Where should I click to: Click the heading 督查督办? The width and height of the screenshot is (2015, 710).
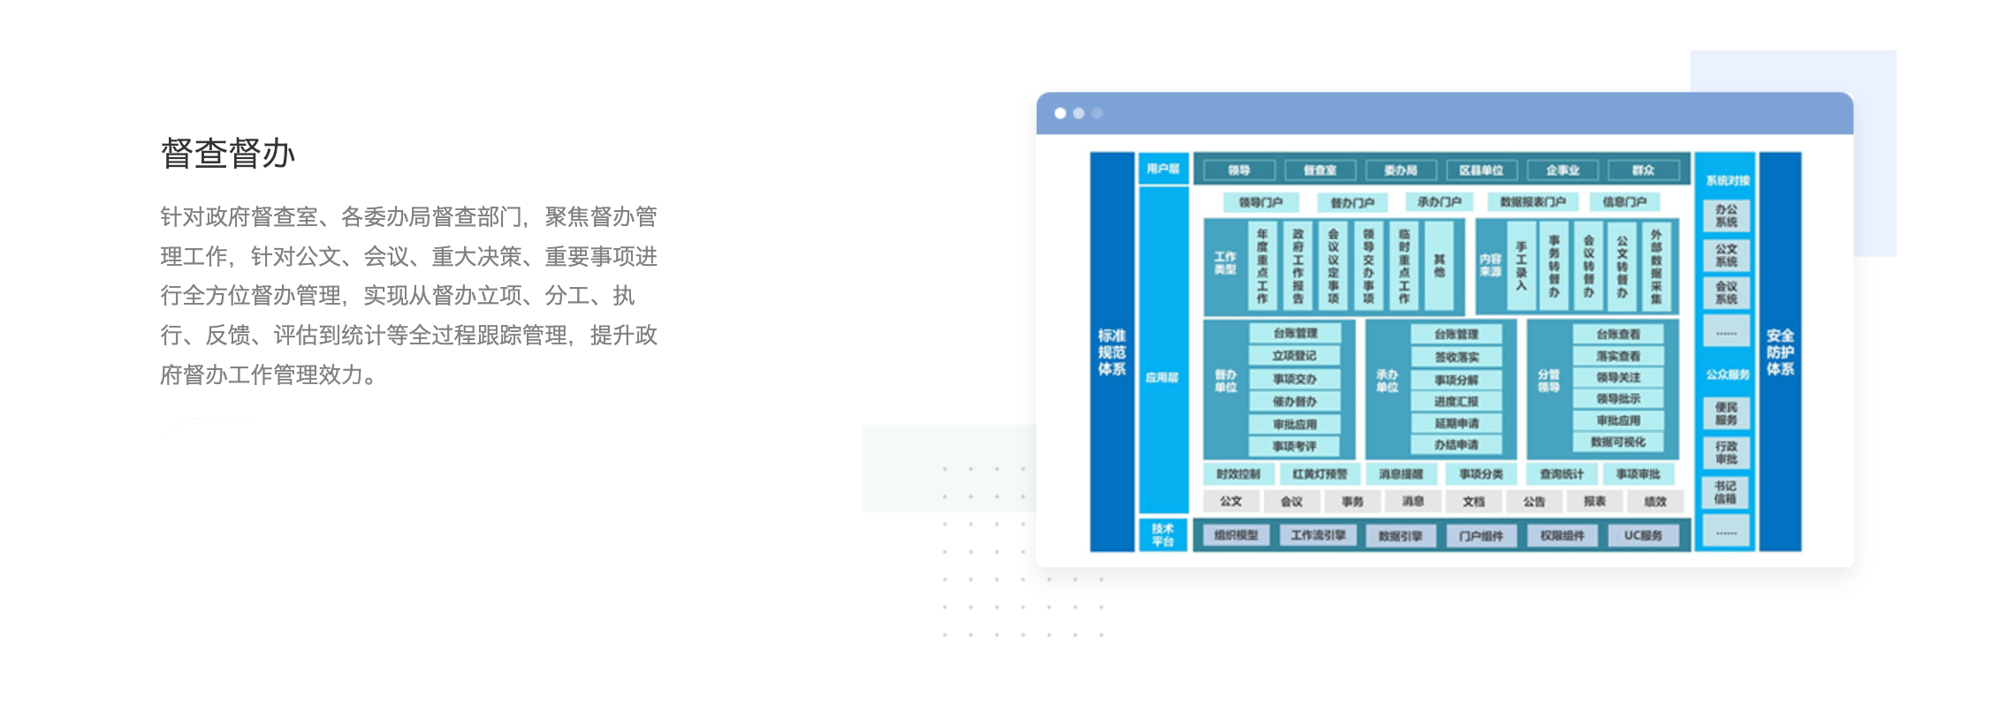pyautogui.click(x=227, y=153)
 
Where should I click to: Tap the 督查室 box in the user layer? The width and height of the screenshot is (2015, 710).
pyautogui.click(x=1319, y=170)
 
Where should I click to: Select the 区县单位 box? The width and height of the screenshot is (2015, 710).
pyautogui.click(x=1481, y=170)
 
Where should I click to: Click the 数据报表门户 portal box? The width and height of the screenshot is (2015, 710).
pyautogui.click(x=1532, y=202)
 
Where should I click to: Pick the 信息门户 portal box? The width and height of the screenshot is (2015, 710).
pyautogui.click(x=1624, y=202)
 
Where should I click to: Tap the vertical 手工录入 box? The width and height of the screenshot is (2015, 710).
pyautogui.click(x=1521, y=266)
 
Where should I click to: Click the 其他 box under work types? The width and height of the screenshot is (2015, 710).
pyautogui.click(x=1439, y=266)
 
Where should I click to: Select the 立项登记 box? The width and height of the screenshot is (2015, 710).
pyautogui.click(x=1295, y=356)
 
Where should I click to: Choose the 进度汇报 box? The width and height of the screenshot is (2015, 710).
pyautogui.click(x=1456, y=402)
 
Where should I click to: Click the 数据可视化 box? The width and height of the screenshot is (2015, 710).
pyautogui.click(x=1618, y=442)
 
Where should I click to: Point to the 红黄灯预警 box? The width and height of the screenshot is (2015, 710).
pyautogui.click(x=1319, y=474)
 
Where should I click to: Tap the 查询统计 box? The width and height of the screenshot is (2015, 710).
pyautogui.click(x=1562, y=474)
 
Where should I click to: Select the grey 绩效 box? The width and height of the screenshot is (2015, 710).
pyautogui.click(x=1654, y=502)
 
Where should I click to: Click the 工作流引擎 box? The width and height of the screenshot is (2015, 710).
pyautogui.click(x=1318, y=535)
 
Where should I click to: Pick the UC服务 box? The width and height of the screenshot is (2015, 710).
pyautogui.click(x=1643, y=535)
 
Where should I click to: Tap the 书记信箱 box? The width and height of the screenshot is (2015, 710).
pyautogui.click(x=1725, y=493)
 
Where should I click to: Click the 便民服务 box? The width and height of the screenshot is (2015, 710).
pyautogui.click(x=1726, y=413)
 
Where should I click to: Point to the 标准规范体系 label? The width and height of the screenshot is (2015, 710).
pyautogui.click(x=1112, y=351)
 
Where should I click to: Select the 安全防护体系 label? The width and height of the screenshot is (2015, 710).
pyautogui.click(x=1780, y=351)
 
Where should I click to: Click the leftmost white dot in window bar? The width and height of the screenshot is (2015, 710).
pyautogui.click(x=1061, y=113)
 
